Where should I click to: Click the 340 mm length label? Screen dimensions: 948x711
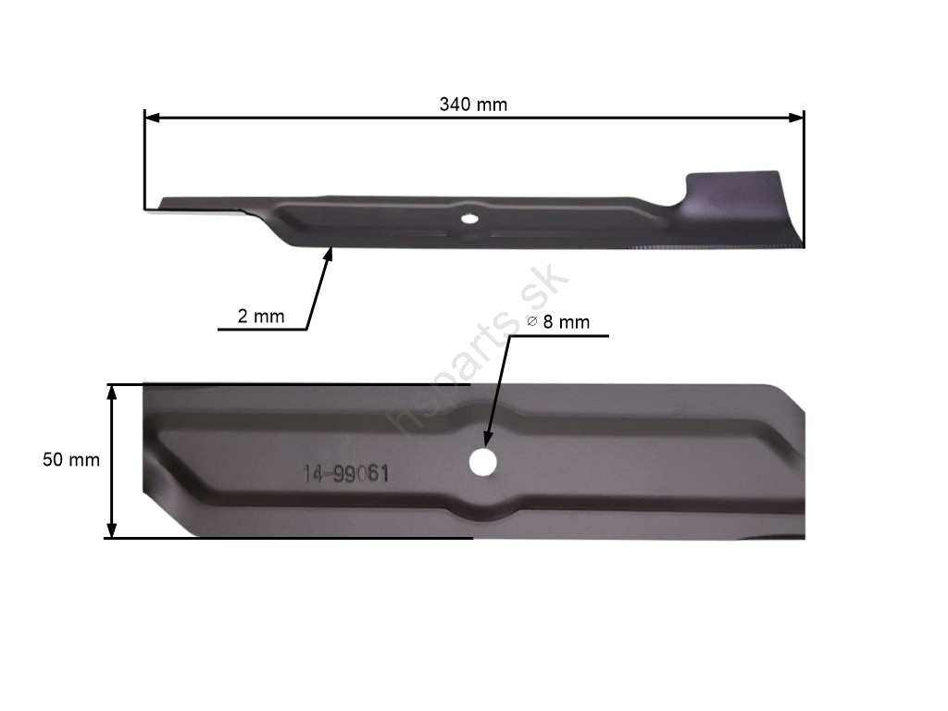[x=473, y=105]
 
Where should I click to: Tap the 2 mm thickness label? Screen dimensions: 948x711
[x=260, y=317]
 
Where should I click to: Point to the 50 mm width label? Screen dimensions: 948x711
[x=70, y=459]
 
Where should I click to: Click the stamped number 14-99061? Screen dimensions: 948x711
[x=345, y=473]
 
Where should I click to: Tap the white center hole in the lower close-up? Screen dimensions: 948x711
[x=483, y=463]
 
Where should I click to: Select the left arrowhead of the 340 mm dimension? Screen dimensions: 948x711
[x=153, y=118]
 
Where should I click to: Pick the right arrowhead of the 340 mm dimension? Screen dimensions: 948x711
[x=796, y=118]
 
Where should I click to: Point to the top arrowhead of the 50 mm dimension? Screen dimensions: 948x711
[x=111, y=393]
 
